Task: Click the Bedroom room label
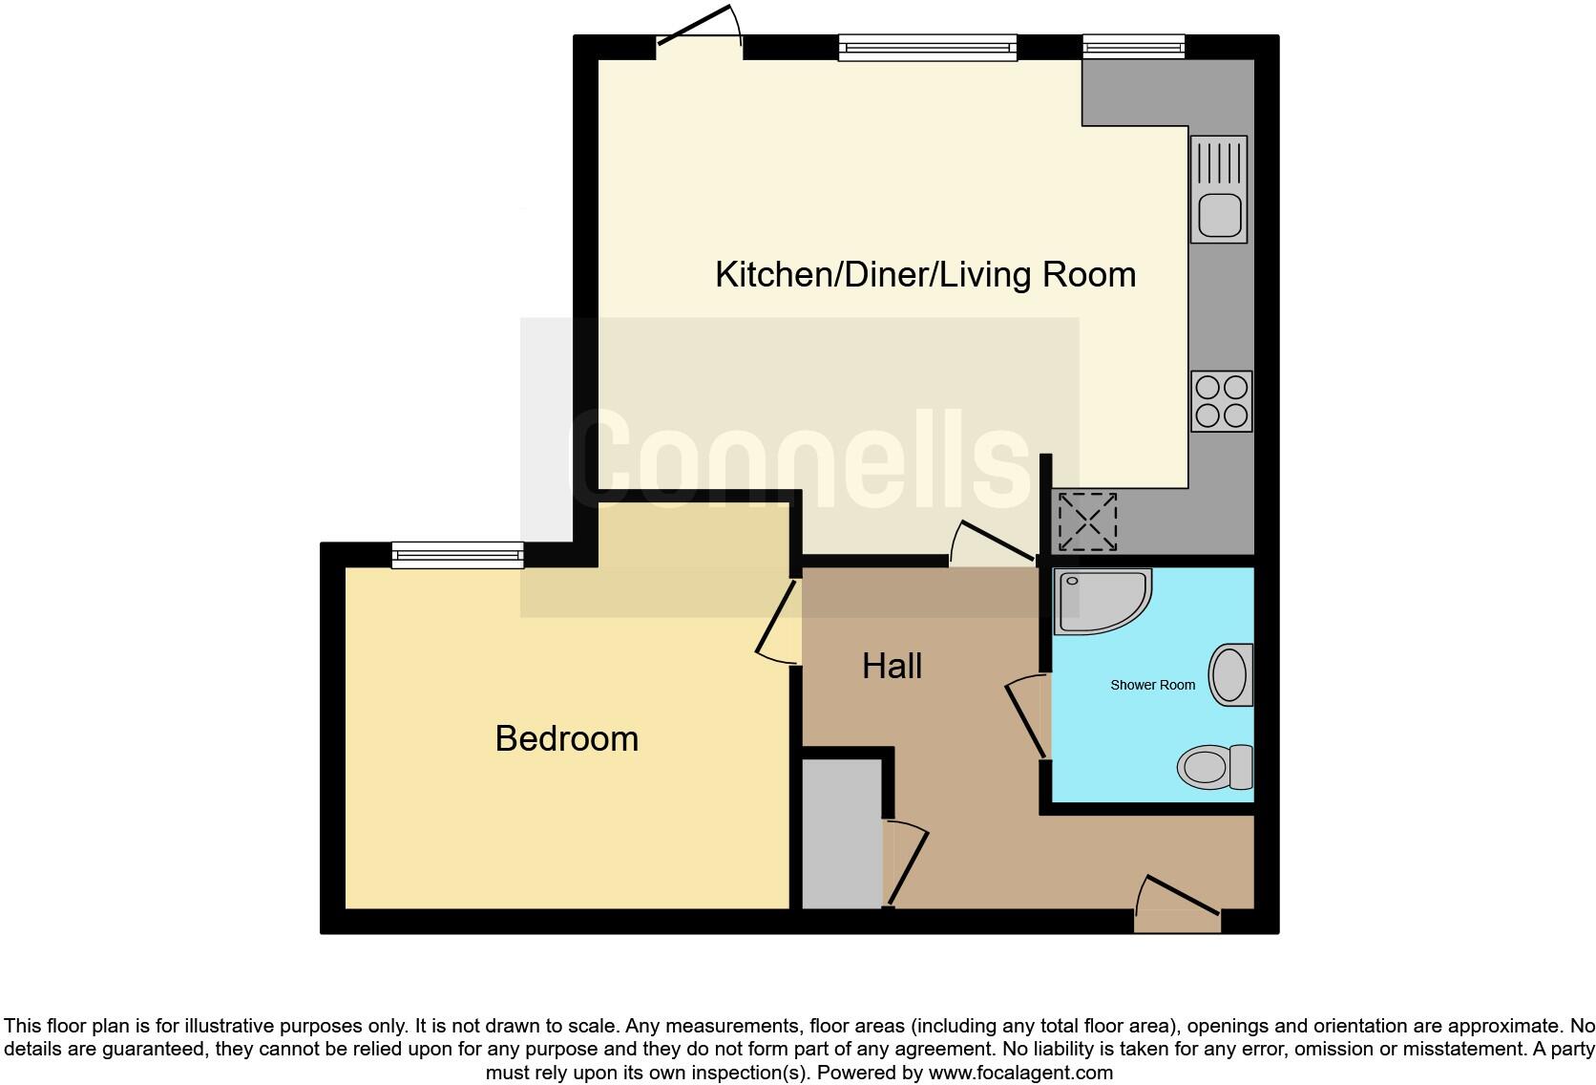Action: (x=566, y=738)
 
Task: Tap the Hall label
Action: (x=892, y=666)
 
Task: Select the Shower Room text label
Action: (x=1152, y=685)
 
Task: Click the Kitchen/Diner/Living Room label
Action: (x=925, y=275)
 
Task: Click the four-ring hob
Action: (x=1222, y=401)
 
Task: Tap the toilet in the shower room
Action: (x=1214, y=767)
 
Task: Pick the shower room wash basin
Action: (x=1230, y=675)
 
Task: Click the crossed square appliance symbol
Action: (x=1087, y=521)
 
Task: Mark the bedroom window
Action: (x=457, y=555)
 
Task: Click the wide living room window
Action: (x=927, y=47)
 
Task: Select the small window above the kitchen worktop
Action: (x=1133, y=46)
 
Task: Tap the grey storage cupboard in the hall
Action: (x=841, y=834)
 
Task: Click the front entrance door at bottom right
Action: (x=1178, y=905)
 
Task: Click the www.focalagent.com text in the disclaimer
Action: (x=1019, y=1073)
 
